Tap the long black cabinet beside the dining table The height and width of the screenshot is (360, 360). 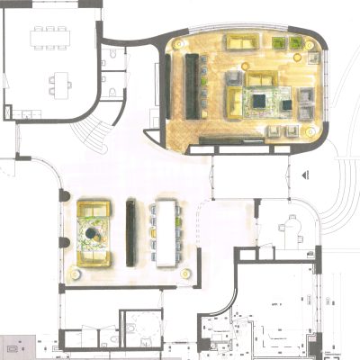(x=131, y=232)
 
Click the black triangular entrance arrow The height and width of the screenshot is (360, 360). (x=308, y=174)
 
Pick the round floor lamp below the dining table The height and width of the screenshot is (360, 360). (x=187, y=273)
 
